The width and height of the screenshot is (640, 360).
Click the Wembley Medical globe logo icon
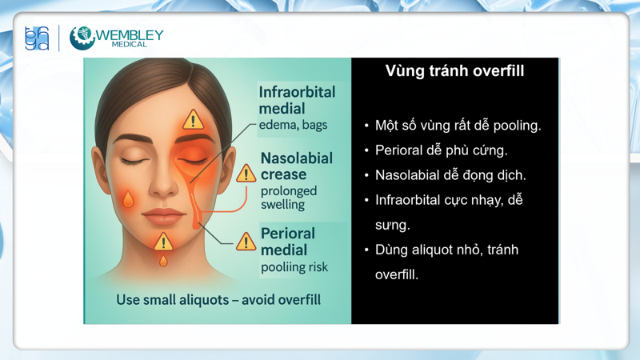pyautogui.click(x=82, y=38)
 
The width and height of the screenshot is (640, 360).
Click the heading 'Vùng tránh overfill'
pyautogui.click(x=454, y=71)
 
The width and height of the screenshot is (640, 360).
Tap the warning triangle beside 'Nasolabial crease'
pyautogui.click(x=246, y=172)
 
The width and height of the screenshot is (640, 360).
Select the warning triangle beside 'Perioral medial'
pyautogui.click(x=246, y=241)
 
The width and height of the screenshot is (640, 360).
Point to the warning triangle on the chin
pyautogui.click(x=163, y=241)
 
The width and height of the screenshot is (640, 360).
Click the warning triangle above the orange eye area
pyautogui.click(x=193, y=120)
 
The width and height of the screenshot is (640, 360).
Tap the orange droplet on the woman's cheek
pyautogui.click(x=128, y=198)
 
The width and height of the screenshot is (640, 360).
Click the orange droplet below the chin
pyautogui.click(x=163, y=261)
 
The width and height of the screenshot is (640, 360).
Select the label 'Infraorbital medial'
pyautogui.click(x=297, y=100)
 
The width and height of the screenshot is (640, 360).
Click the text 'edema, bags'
pyautogui.click(x=293, y=125)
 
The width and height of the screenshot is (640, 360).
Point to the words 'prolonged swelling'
pyautogui.click(x=288, y=198)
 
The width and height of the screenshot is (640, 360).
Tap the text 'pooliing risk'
pyautogui.click(x=294, y=267)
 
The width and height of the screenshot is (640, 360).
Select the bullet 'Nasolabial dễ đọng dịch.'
pyautogui.click(x=450, y=175)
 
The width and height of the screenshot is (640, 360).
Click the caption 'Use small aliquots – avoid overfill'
pyautogui.click(x=218, y=300)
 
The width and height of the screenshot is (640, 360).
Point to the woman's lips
pyautogui.click(x=163, y=216)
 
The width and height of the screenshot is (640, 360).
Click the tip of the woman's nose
pyautogui.click(x=163, y=189)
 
